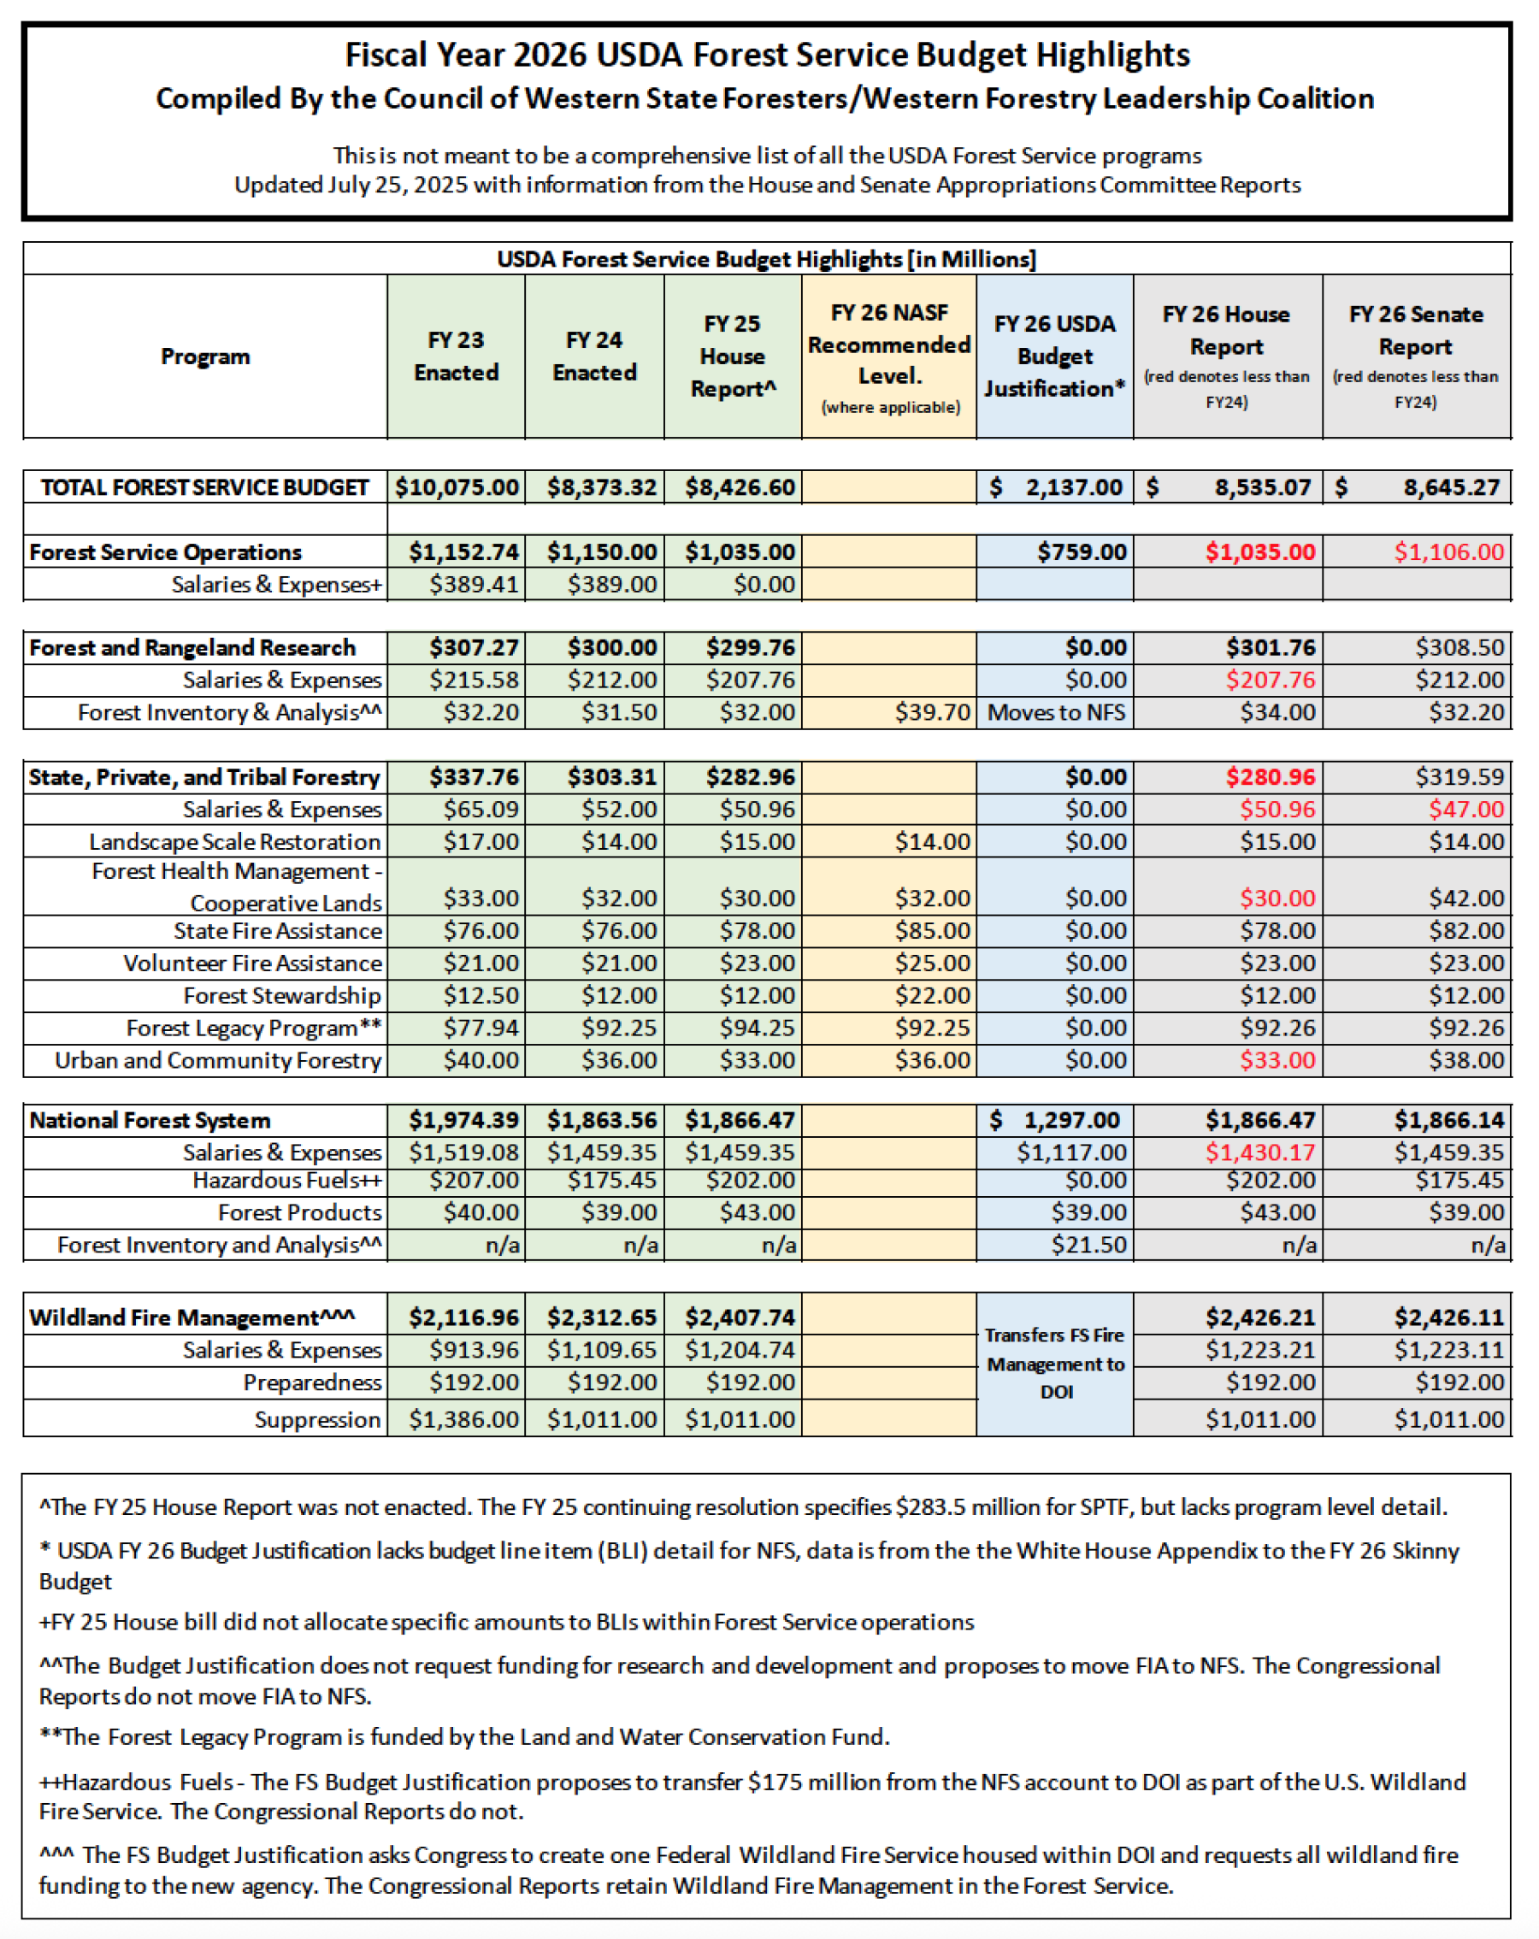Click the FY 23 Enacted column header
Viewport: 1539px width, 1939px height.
[456, 357]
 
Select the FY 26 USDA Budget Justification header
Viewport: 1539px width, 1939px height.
[1054, 357]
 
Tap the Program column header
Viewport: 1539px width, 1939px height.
[205, 357]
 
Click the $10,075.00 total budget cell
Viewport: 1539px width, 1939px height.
[457, 487]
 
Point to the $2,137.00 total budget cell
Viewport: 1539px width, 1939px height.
[1055, 487]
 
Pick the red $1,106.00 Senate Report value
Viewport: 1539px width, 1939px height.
[1448, 552]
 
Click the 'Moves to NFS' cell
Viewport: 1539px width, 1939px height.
[1056, 712]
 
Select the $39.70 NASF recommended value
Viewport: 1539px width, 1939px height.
[932, 712]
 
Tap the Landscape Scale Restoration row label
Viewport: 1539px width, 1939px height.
[235, 842]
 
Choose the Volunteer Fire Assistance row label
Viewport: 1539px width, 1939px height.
[252, 964]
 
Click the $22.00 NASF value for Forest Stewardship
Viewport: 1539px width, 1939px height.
[932, 996]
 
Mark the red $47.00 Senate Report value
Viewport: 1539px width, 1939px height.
[1466, 810]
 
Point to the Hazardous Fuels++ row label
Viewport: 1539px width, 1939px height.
[287, 1181]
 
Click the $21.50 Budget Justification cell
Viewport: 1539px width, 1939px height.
[1088, 1246]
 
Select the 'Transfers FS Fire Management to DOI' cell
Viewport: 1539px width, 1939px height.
[1055, 1364]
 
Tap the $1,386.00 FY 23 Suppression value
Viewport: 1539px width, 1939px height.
[463, 1420]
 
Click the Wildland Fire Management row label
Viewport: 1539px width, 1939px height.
[192, 1317]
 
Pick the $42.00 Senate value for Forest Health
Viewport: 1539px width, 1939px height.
[1466, 899]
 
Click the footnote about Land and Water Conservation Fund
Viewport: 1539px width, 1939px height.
[464, 1736]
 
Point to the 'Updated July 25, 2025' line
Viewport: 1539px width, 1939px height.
[767, 186]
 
